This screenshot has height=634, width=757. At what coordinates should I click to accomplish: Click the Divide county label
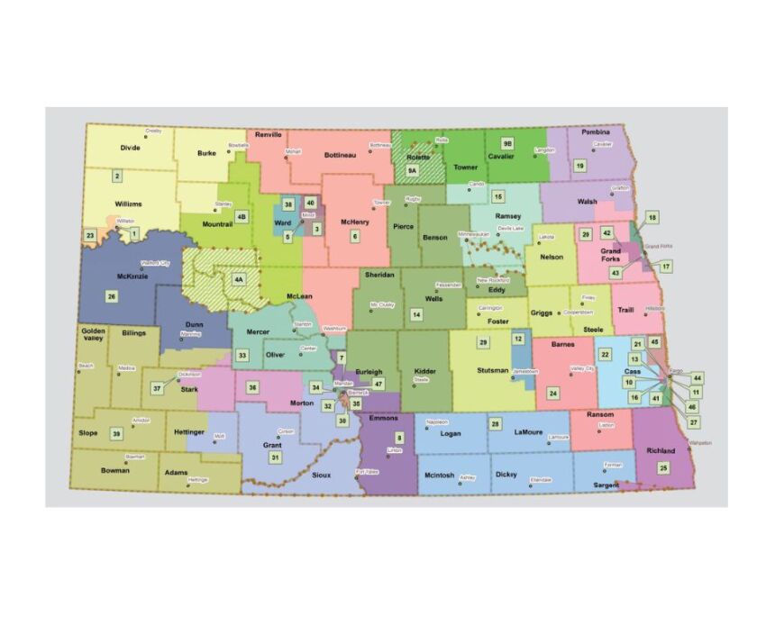tap(131, 146)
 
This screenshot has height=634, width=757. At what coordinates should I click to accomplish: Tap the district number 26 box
tap(112, 296)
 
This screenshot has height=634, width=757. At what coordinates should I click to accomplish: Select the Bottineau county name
tap(340, 155)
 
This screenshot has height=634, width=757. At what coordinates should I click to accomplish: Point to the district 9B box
tap(507, 143)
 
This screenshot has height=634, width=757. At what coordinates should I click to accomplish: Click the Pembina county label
tap(596, 132)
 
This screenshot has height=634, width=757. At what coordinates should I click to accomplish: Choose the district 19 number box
tap(580, 166)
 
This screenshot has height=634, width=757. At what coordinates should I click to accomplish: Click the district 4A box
tap(239, 279)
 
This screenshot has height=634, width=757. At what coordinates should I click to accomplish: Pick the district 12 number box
tap(518, 338)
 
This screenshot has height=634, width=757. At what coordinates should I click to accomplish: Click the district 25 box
tap(663, 467)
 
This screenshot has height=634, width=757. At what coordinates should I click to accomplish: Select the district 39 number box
tap(116, 433)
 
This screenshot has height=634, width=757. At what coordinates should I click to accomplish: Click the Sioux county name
tap(321, 475)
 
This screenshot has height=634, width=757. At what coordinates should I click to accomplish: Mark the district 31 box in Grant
tap(275, 457)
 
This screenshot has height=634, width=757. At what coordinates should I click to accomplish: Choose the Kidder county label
tap(424, 371)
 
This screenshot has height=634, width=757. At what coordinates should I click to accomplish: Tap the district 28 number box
tap(495, 423)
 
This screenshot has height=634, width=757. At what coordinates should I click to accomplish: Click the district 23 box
tap(90, 236)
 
